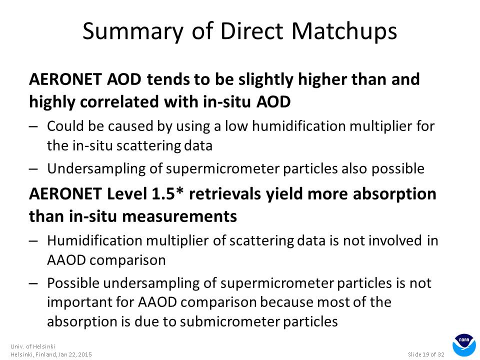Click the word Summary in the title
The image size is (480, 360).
133,31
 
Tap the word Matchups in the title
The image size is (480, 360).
344,31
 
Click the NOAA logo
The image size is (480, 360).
464,345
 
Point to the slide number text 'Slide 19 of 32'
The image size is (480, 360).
426,354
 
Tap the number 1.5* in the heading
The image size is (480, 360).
168,194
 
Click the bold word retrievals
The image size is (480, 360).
224,194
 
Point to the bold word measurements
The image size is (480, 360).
179,216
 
